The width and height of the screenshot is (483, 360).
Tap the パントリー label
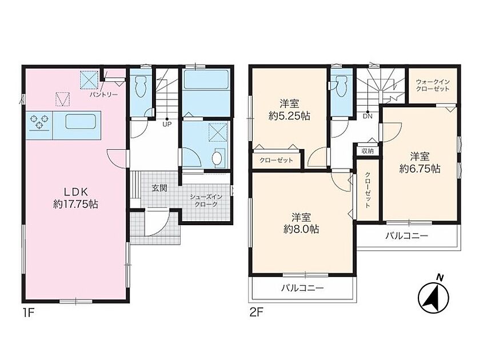pos(103,95)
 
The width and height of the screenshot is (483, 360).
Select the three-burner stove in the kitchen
pos(39,122)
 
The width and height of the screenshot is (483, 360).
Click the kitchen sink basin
pos(81,122)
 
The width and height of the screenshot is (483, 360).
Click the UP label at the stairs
pos(167,125)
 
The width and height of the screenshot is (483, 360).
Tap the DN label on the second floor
pos(368,117)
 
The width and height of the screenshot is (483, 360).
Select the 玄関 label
pos(159,188)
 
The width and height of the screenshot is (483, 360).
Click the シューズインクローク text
pos(206,201)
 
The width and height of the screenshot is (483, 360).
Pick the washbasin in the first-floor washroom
pos(217,158)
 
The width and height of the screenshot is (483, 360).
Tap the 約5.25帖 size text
pos(289,116)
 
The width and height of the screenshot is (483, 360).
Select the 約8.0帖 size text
pos(301,229)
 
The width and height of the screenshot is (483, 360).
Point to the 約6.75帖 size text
pos(420,169)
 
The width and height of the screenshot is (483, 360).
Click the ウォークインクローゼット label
pos(433,85)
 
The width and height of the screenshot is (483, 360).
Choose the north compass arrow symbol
pos(433,295)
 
